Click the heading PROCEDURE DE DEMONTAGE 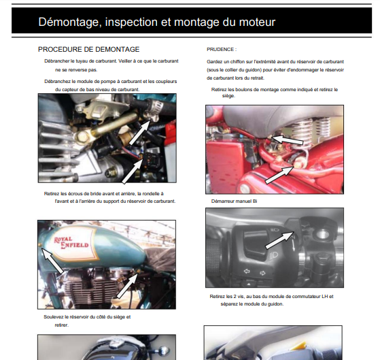(x=88, y=49)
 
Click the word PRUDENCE (x=220, y=50)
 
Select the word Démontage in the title (x=70, y=22)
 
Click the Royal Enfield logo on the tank (x=71, y=243)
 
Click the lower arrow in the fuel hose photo (x=133, y=171)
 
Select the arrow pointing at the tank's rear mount (x=128, y=286)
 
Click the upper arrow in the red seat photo (x=288, y=140)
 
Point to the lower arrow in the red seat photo (x=279, y=174)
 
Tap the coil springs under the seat (x=312, y=130)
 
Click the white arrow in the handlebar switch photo (x=280, y=240)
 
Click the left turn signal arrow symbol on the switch (x=247, y=271)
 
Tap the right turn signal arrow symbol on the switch (x=262, y=273)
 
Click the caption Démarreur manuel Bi (x=234, y=201)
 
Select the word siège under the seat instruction (x=228, y=96)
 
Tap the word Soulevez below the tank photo (x=54, y=317)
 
